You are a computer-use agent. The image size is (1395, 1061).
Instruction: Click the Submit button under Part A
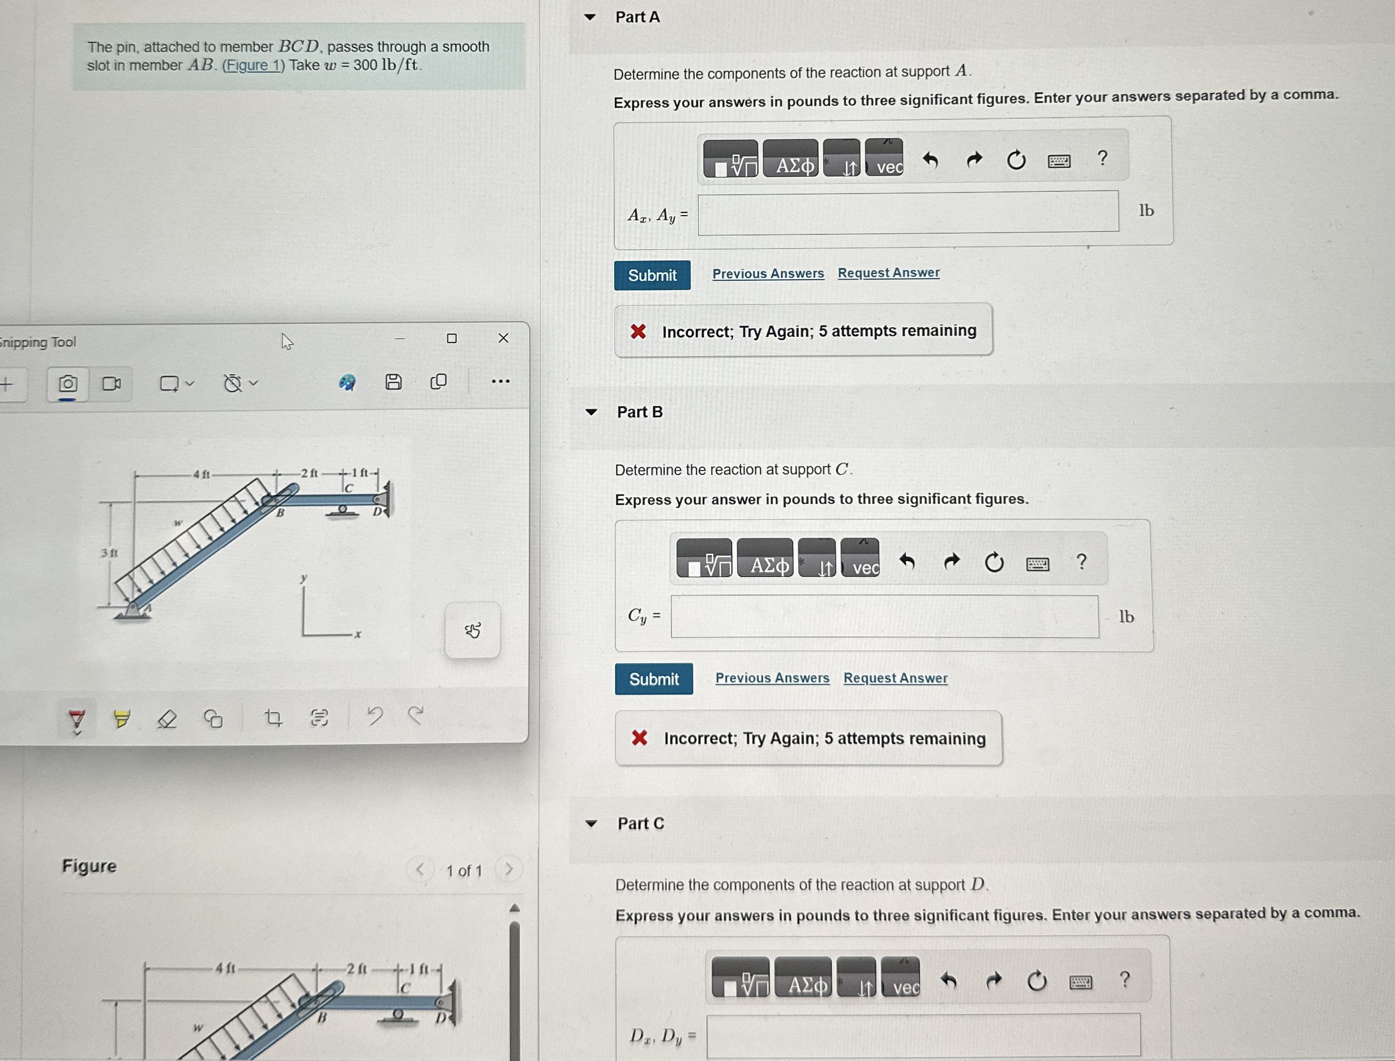pyautogui.click(x=652, y=275)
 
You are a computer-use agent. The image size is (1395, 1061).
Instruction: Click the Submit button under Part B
pyautogui.click(x=653, y=679)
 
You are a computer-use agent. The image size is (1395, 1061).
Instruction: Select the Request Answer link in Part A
pyautogui.click(x=888, y=273)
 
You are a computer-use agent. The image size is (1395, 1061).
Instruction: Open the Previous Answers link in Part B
pyautogui.click(x=772, y=678)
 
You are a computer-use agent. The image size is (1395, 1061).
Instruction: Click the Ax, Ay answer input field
pyautogui.click(x=908, y=213)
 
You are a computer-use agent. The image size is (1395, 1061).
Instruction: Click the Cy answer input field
pyautogui.click(x=884, y=617)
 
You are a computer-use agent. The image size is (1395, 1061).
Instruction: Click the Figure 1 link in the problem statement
pyautogui.click(x=253, y=65)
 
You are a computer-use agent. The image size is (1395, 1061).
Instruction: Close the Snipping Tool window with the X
pyautogui.click(x=503, y=338)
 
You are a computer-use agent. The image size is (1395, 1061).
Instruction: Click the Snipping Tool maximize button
pyautogui.click(x=452, y=339)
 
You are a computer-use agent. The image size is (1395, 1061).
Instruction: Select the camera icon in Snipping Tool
pyautogui.click(x=67, y=383)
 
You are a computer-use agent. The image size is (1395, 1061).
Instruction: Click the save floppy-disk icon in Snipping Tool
pyautogui.click(x=393, y=382)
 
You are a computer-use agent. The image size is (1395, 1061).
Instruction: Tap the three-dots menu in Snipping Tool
pyautogui.click(x=501, y=381)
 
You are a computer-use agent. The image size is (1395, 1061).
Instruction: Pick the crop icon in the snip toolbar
pyautogui.click(x=273, y=717)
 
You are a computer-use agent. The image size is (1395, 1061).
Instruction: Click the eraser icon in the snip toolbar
pyautogui.click(x=166, y=718)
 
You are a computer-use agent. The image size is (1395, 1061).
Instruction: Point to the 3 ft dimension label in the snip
pyautogui.click(x=109, y=553)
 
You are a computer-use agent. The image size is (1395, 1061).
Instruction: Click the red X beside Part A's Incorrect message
pyautogui.click(x=638, y=331)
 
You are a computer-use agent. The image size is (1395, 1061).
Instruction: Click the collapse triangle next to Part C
pyautogui.click(x=591, y=824)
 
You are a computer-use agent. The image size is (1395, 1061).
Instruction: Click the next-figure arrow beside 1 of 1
pyautogui.click(x=508, y=870)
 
